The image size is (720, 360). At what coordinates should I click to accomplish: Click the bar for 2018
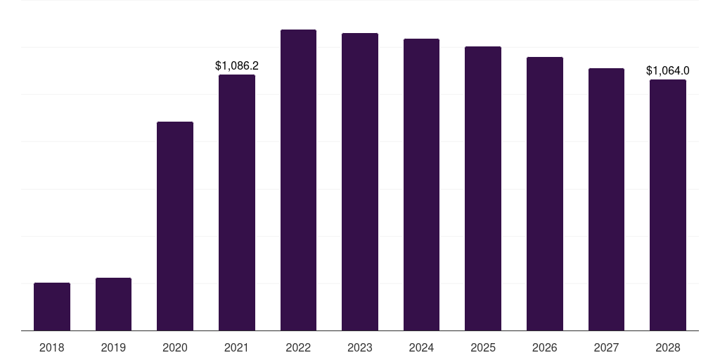pyautogui.click(x=52, y=307)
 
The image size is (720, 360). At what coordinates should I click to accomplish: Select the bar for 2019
pyautogui.click(x=113, y=304)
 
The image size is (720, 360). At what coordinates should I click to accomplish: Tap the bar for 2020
pyautogui.click(x=175, y=226)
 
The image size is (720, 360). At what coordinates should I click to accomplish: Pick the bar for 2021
pyautogui.click(x=237, y=202)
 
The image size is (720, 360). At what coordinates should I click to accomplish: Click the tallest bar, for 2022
pyautogui.click(x=298, y=180)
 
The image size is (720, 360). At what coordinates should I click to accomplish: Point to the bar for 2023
pyautogui.click(x=360, y=181)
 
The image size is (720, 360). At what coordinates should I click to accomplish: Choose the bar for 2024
pyautogui.click(x=421, y=184)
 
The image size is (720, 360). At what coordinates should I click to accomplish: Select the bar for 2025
pyautogui.click(x=483, y=188)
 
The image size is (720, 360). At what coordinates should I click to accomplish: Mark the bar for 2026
pyautogui.click(x=545, y=193)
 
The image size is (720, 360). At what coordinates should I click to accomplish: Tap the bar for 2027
pyautogui.click(x=606, y=199)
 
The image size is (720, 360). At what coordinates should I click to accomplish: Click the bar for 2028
pyautogui.click(x=668, y=205)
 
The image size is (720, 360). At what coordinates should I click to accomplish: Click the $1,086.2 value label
pyautogui.click(x=237, y=65)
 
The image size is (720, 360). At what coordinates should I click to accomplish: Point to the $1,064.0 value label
pyautogui.click(x=667, y=70)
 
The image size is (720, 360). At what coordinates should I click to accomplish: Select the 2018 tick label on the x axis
pyautogui.click(x=52, y=347)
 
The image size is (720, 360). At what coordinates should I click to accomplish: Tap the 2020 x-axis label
pyautogui.click(x=175, y=347)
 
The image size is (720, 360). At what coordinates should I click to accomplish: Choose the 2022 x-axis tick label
pyautogui.click(x=298, y=347)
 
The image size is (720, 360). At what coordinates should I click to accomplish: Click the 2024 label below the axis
pyautogui.click(x=421, y=347)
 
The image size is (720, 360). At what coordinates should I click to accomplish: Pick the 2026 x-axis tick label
pyautogui.click(x=545, y=347)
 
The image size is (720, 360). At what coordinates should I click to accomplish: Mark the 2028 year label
pyautogui.click(x=668, y=347)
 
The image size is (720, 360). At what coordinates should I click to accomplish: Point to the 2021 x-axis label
pyautogui.click(x=237, y=347)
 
